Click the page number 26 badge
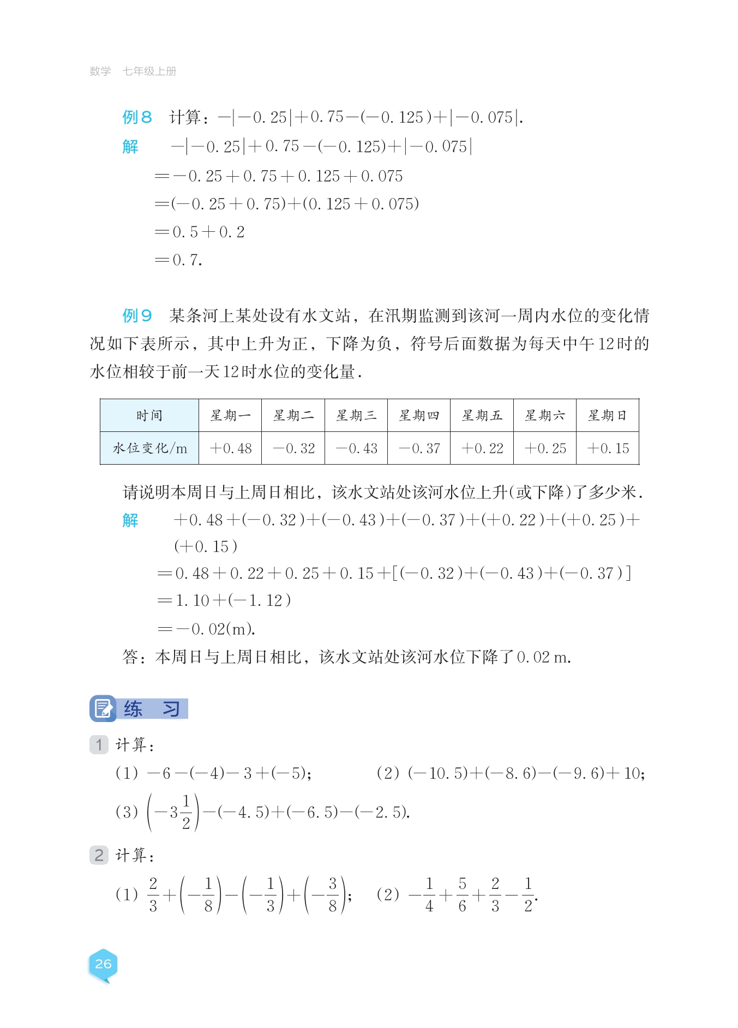point(103,964)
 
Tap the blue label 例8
point(137,117)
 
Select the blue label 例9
point(137,315)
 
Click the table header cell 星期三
point(356,416)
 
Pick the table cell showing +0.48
point(230,448)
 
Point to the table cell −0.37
point(419,448)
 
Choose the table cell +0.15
point(608,448)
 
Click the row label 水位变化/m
point(149,448)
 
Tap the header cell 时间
point(149,416)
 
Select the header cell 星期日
point(608,416)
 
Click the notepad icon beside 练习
point(103,708)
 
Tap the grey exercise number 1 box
point(99,744)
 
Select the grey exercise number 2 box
point(99,855)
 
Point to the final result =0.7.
point(179,260)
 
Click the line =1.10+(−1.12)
point(224,600)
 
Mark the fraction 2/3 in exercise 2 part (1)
point(153,894)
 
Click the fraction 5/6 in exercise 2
point(462,894)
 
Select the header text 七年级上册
point(149,71)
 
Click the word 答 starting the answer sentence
point(130,657)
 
